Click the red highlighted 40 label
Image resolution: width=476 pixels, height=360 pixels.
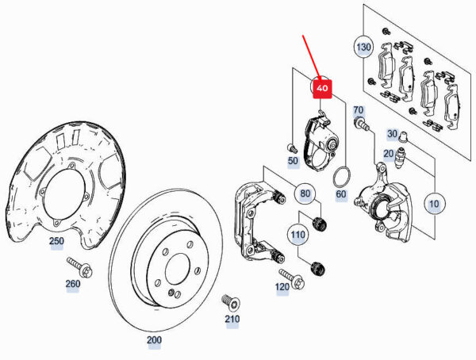(x=321, y=89)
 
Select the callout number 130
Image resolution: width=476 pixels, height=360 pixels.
(x=363, y=48)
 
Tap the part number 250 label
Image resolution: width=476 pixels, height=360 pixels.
(x=56, y=241)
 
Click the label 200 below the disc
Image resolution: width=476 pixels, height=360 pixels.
(x=154, y=340)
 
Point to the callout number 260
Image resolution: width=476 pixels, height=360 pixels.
(x=72, y=284)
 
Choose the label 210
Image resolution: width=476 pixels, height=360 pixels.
(x=232, y=320)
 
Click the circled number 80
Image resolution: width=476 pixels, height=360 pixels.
(x=305, y=193)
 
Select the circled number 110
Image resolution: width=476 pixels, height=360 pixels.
(x=297, y=235)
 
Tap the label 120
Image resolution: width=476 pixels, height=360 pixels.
(x=282, y=286)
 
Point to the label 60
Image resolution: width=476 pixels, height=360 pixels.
(x=341, y=193)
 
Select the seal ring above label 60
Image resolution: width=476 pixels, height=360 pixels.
(x=341, y=174)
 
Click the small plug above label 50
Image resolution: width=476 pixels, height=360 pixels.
(x=291, y=147)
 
